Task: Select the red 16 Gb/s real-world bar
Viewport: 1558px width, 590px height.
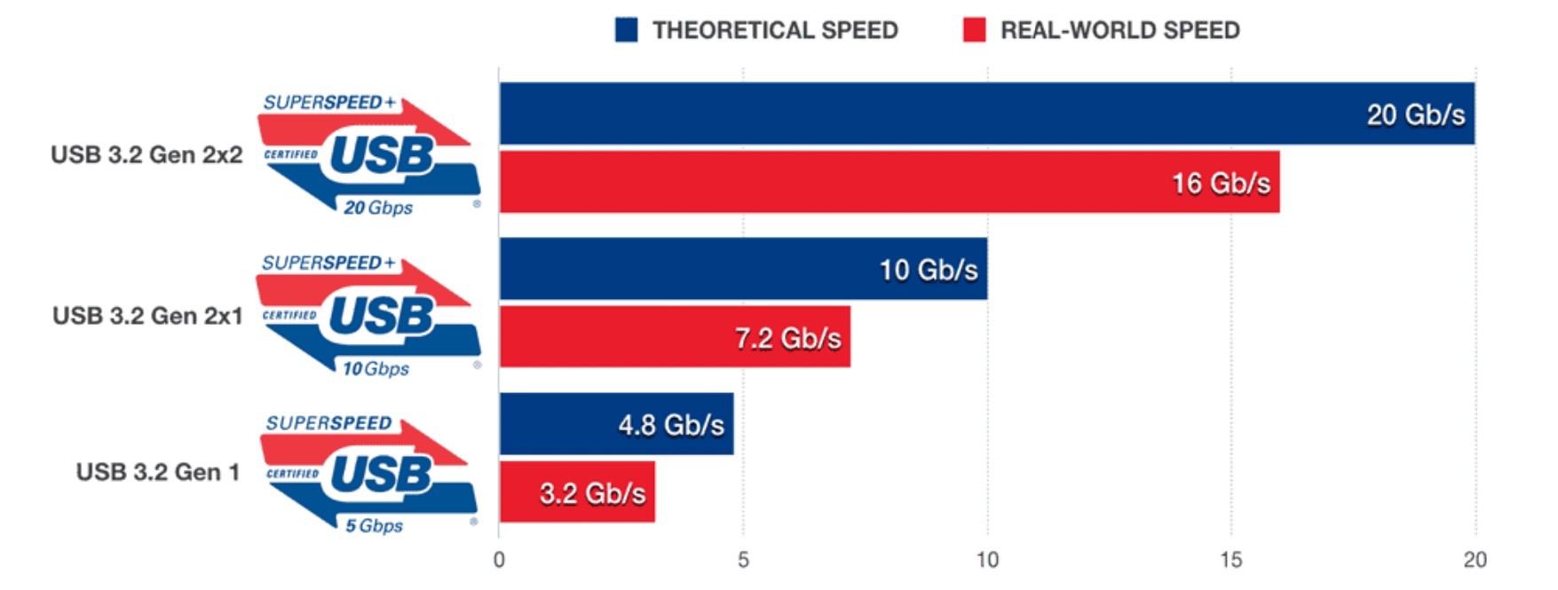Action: [888, 183]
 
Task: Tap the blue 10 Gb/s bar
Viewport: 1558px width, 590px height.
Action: [742, 269]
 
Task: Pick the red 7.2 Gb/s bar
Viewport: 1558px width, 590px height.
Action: [675, 337]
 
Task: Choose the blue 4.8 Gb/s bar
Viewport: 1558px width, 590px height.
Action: [616, 424]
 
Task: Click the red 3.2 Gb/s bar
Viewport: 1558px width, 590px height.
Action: [577, 492]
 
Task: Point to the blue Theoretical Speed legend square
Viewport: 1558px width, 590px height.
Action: [626, 30]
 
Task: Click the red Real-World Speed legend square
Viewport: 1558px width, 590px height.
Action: [974, 30]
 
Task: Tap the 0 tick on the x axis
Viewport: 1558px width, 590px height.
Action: [499, 560]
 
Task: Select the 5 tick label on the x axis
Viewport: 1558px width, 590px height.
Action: [743, 560]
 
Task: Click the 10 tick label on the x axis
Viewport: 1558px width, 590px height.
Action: [987, 560]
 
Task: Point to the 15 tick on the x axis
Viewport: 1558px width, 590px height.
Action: [1231, 560]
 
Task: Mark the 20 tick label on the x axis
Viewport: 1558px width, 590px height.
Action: [1475, 560]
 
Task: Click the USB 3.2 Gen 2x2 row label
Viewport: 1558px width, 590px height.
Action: [146, 154]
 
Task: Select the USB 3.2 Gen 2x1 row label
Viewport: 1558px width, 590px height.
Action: [147, 316]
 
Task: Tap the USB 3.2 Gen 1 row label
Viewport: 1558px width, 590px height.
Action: [158, 472]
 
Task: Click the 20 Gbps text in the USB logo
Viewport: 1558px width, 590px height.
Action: [378, 208]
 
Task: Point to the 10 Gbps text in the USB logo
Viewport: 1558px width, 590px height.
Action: [376, 368]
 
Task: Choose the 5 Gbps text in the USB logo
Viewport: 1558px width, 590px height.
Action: [374, 525]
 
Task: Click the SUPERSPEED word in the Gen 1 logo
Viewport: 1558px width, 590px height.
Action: [328, 423]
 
